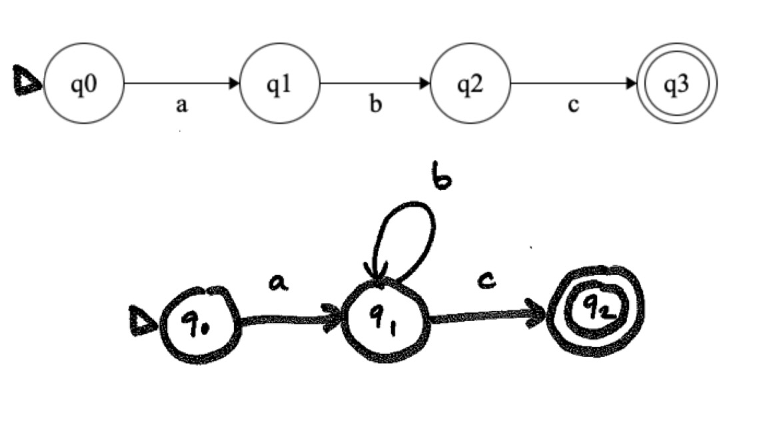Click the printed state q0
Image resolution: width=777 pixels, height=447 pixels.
coord(85,84)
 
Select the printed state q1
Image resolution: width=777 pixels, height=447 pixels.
coord(280,84)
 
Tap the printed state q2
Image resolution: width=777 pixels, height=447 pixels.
coord(470,84)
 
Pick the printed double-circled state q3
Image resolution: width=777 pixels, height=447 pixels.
coord(677,85)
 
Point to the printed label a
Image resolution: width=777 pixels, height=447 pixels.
coord(181,106)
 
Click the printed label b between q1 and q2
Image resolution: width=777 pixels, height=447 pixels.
coord(376,105)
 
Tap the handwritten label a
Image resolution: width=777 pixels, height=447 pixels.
coord(279,284)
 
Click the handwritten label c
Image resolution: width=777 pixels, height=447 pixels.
coord(488,282)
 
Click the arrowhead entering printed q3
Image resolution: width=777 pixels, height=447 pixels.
coord(632,84)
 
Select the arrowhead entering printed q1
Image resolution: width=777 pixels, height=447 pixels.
coord(235,84)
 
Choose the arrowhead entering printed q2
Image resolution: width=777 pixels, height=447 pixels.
coord(425,84)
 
